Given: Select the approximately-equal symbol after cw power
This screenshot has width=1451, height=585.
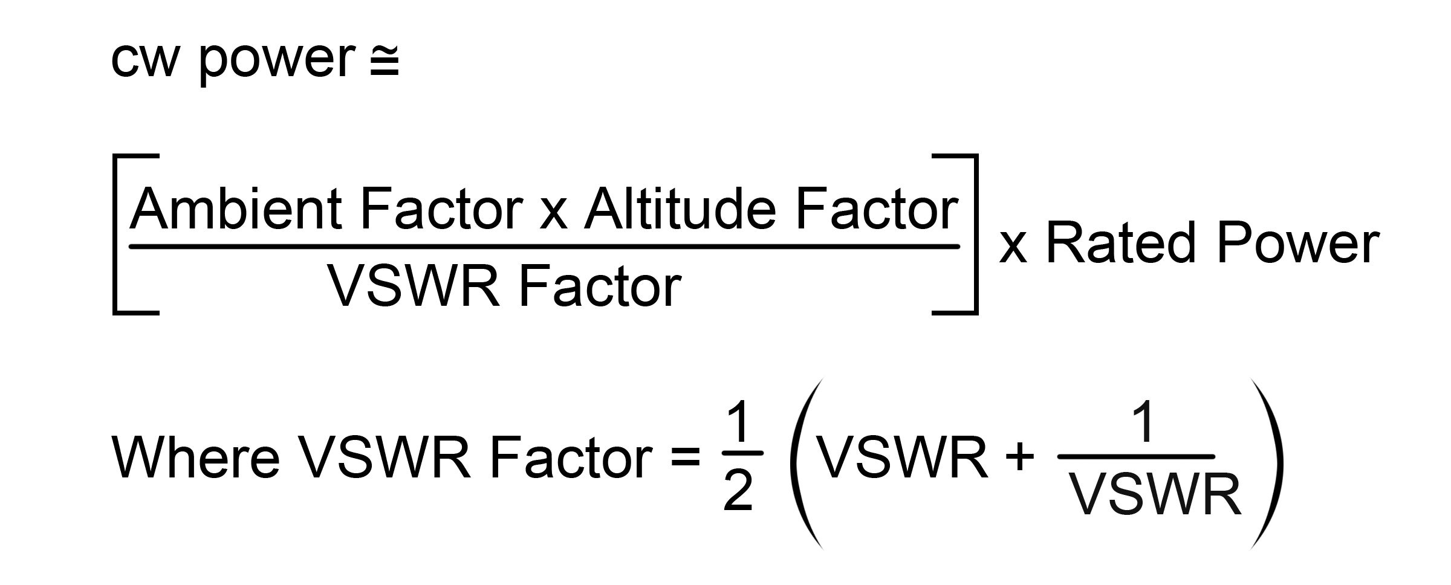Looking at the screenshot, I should tap(384, 64).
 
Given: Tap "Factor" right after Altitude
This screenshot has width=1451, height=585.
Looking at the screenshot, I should tap(877, 208).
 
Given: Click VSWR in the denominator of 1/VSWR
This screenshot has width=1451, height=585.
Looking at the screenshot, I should tap(1155, 494).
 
